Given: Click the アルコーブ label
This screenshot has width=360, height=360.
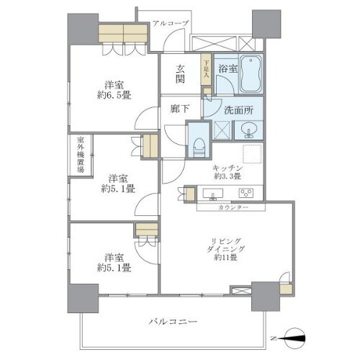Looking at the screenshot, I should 171,24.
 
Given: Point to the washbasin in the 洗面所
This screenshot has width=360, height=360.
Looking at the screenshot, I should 250,130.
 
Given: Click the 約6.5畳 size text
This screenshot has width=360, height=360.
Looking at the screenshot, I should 114,93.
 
